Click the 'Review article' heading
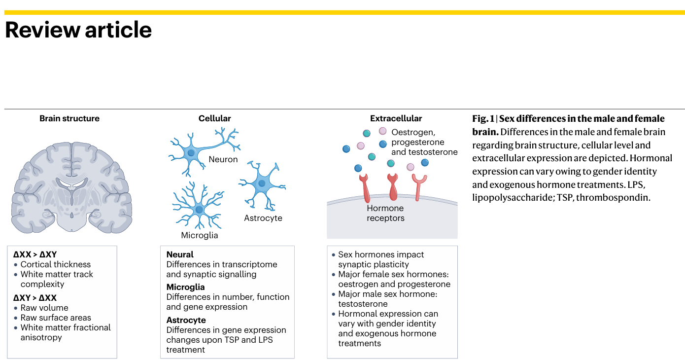click(x=78, y=30)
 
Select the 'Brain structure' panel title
click(x=69, y=118)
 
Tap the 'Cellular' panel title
click(x=214, y=118)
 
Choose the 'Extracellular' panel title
click(x=396, y=118)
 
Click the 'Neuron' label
click(x=223, y=159)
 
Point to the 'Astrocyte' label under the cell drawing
click(x=263, y=218)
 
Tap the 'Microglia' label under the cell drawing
click(x=199, y=235)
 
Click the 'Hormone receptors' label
click(x=385, y=213)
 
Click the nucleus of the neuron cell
click(x=190, y=153)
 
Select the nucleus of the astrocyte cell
click(x=262, y=183)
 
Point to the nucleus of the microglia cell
click(x=199, y=210)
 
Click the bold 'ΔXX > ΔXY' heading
click(x=35, y=254)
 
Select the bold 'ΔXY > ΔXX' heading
click(x=35, y=298)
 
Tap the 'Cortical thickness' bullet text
click(x=55, y=264)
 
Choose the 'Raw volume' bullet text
click(x=44, y=308)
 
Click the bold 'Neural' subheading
click(x=180, y=254)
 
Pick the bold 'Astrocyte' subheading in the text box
click(x=186, y=320)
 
